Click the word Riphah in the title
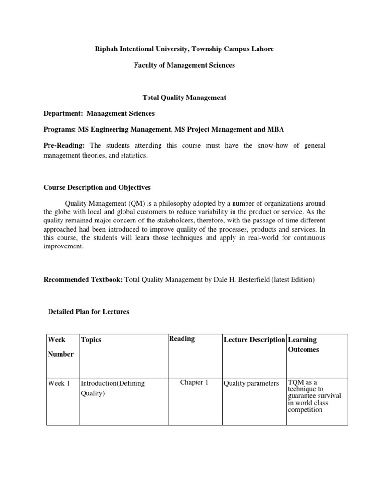(106, 49)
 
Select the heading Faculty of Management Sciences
(184, 65)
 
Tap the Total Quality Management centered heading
(184, 98)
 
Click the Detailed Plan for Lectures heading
(88, 311)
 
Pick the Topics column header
(91, 340)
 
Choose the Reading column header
(182, 339)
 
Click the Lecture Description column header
(254, 340)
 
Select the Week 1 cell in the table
(59, 383)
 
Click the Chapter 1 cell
(194, 383)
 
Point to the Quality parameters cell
(251, 383)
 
